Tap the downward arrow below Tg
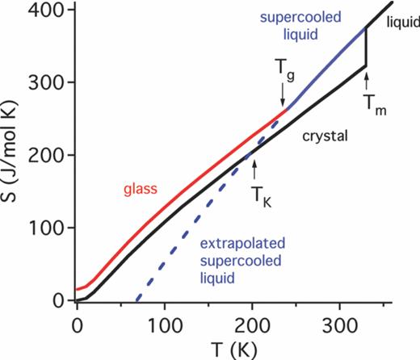click(x=283, y=98)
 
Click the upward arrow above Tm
click(x=366, y=82)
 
